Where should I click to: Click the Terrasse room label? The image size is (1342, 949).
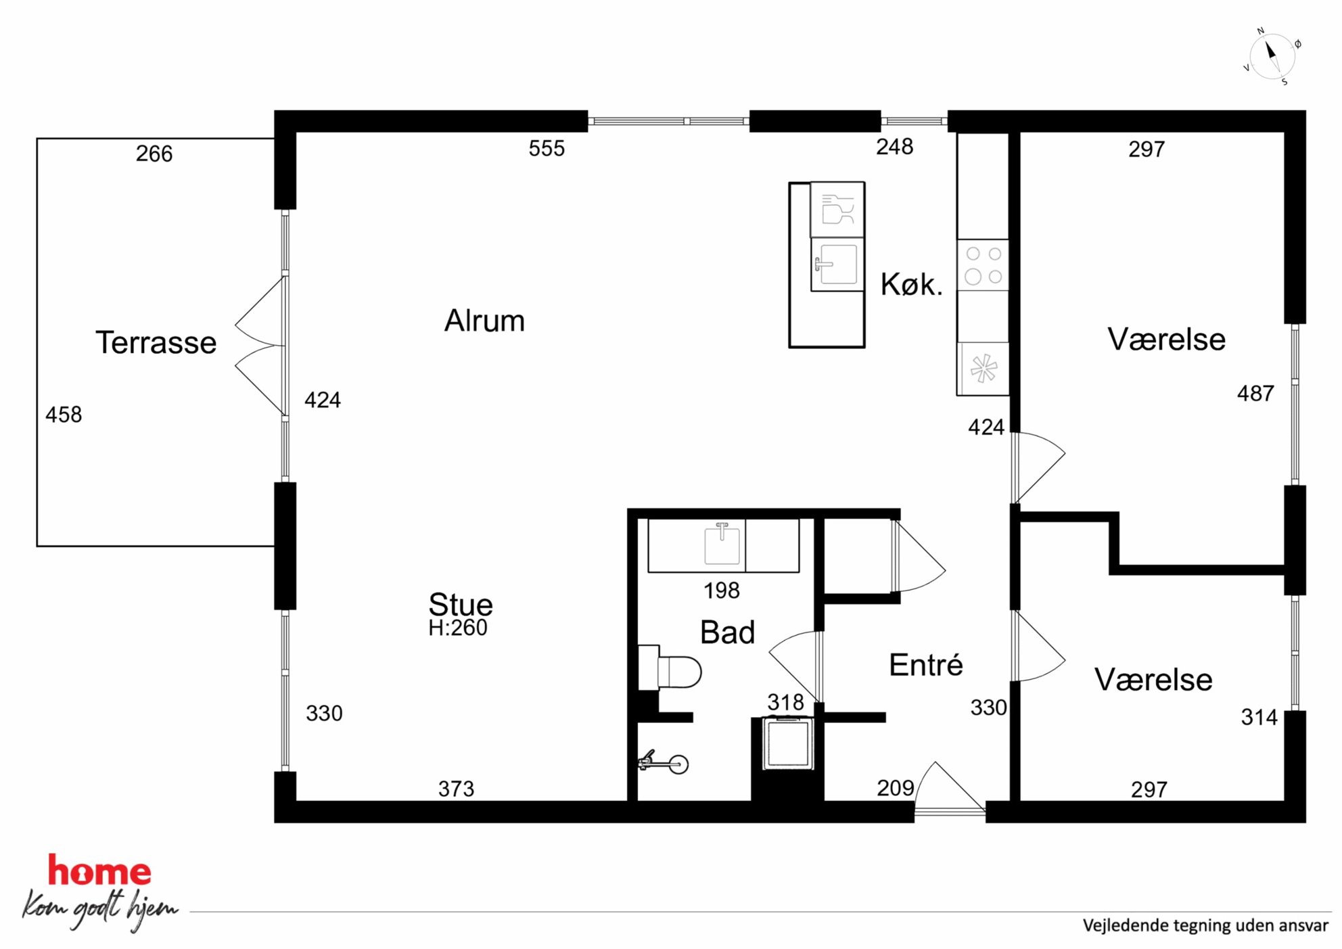[156, 342]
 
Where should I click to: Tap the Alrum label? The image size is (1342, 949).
[484, 321]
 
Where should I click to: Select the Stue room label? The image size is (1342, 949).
[461, 604]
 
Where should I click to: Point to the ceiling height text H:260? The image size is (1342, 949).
[458, 628]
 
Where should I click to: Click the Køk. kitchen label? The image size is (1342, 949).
[911, 284]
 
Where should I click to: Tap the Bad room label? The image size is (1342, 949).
[727, 632]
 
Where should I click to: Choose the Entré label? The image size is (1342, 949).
[926, 664]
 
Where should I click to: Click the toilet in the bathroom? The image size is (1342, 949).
[670, 668]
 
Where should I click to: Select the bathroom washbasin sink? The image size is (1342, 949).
[722, 544]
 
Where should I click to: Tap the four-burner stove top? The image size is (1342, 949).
[983, 265]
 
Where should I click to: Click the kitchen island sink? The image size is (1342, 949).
[837, 264]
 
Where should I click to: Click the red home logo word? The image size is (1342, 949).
[99, 871]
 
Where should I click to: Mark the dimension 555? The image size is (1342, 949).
[547, 149]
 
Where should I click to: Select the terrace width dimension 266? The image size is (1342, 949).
[154, 154]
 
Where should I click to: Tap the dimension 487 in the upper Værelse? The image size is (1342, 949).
[1255, 394]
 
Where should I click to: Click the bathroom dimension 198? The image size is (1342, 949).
[722, 591]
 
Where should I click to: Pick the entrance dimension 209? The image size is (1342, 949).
[896, 788]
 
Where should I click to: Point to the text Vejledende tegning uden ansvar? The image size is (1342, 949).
[1205, 925]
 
